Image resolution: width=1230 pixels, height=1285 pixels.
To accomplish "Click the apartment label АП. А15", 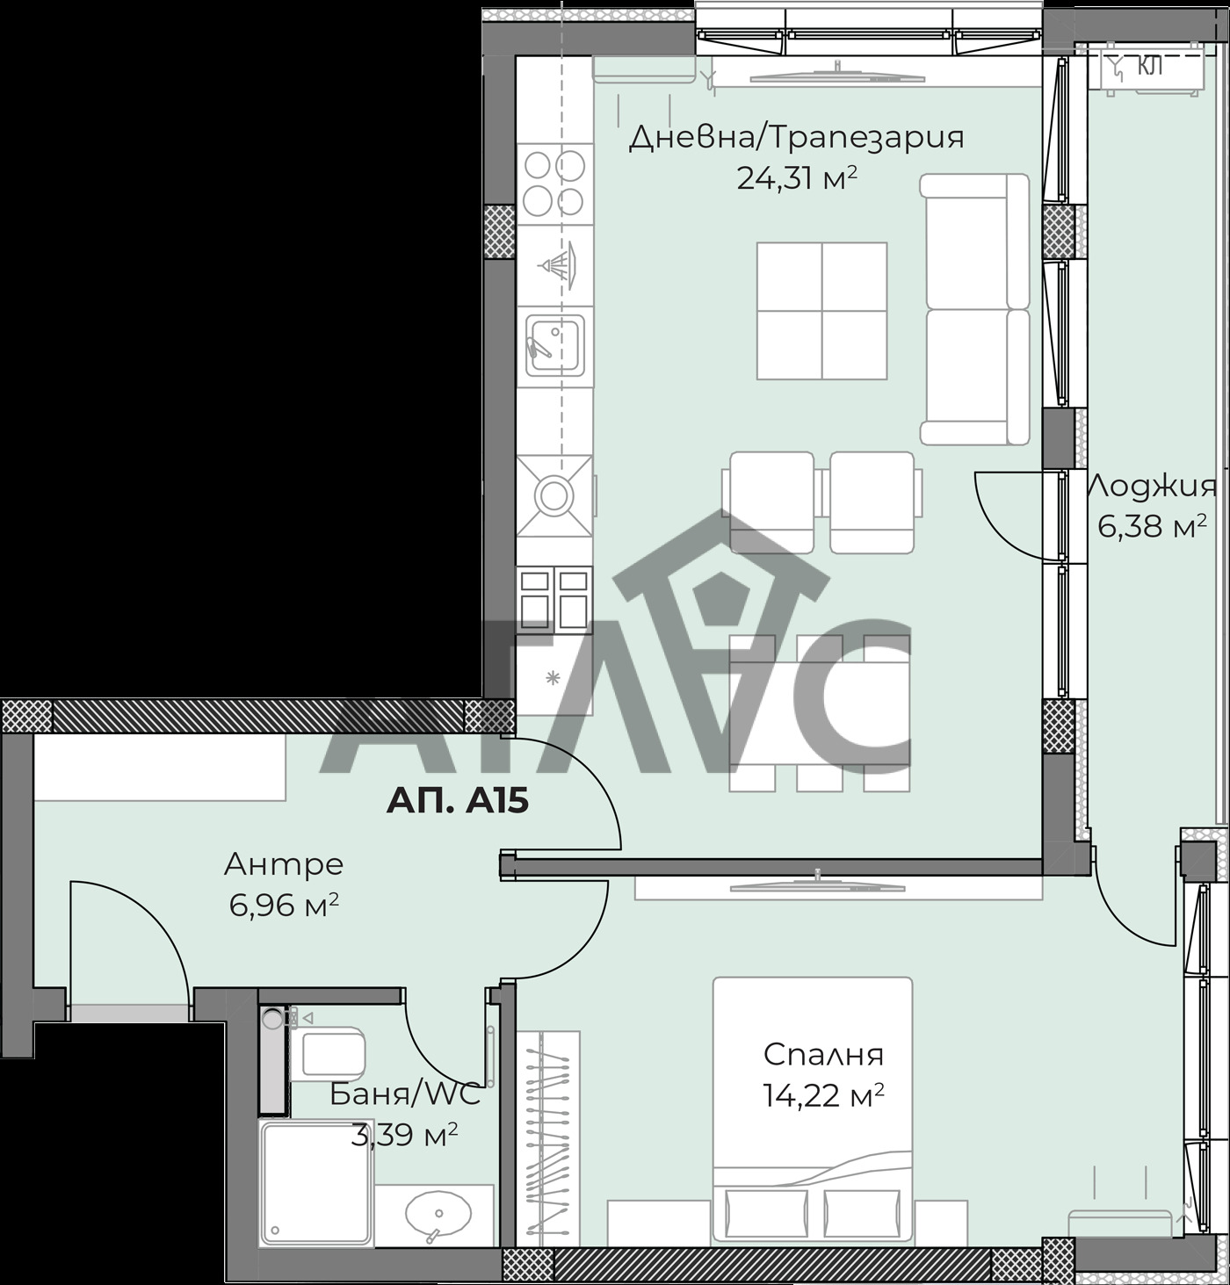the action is click(457, 802).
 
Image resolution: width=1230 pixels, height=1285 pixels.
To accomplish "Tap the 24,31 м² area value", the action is click(797, 177).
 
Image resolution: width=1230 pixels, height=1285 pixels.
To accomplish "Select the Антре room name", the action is click(284, 863).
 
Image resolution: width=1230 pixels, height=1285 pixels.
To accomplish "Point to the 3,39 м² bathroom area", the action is click(404, 1135).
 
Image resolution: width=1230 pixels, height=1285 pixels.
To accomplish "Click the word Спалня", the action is click(823, 1055).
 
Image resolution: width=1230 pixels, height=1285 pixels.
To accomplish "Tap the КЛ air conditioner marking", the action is click(1150, 66).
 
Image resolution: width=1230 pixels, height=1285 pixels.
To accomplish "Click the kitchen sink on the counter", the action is click(555, 344).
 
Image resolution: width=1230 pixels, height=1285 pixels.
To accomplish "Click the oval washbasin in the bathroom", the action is click(438, 1213).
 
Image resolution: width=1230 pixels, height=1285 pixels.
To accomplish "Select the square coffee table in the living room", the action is click(821, 311).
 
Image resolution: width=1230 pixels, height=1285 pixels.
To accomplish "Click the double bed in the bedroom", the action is click(813, 1112).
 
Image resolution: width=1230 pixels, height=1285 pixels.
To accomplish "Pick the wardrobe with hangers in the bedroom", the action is click(547, 1139).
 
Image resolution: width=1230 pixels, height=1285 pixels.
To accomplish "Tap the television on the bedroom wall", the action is click(816, 887).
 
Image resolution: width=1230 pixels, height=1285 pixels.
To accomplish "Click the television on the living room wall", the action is click(837, 76).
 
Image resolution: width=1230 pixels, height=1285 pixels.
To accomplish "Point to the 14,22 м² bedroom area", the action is click(824, 1095).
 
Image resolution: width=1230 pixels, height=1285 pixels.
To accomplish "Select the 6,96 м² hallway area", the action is click(284, 905).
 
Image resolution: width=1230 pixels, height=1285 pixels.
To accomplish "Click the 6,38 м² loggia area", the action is click(1153, 526).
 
